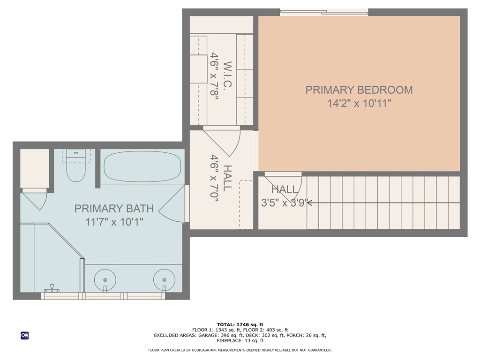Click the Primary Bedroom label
click(359, 90)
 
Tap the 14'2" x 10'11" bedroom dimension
click(359, 103)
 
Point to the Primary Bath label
click(114, 209)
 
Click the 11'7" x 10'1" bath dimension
click(114, 222)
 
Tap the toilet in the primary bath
click(75, 168)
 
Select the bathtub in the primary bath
click(142, 167)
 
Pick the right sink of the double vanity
click(164, 280)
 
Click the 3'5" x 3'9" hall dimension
click(285, 203)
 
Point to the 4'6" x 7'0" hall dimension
click(215, 179)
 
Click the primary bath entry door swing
click(173, 206)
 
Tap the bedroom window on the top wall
click(324, 13)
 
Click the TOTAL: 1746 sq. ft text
click(240, 324)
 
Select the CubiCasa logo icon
click(24, 335)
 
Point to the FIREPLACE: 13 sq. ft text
click(240, 341)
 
